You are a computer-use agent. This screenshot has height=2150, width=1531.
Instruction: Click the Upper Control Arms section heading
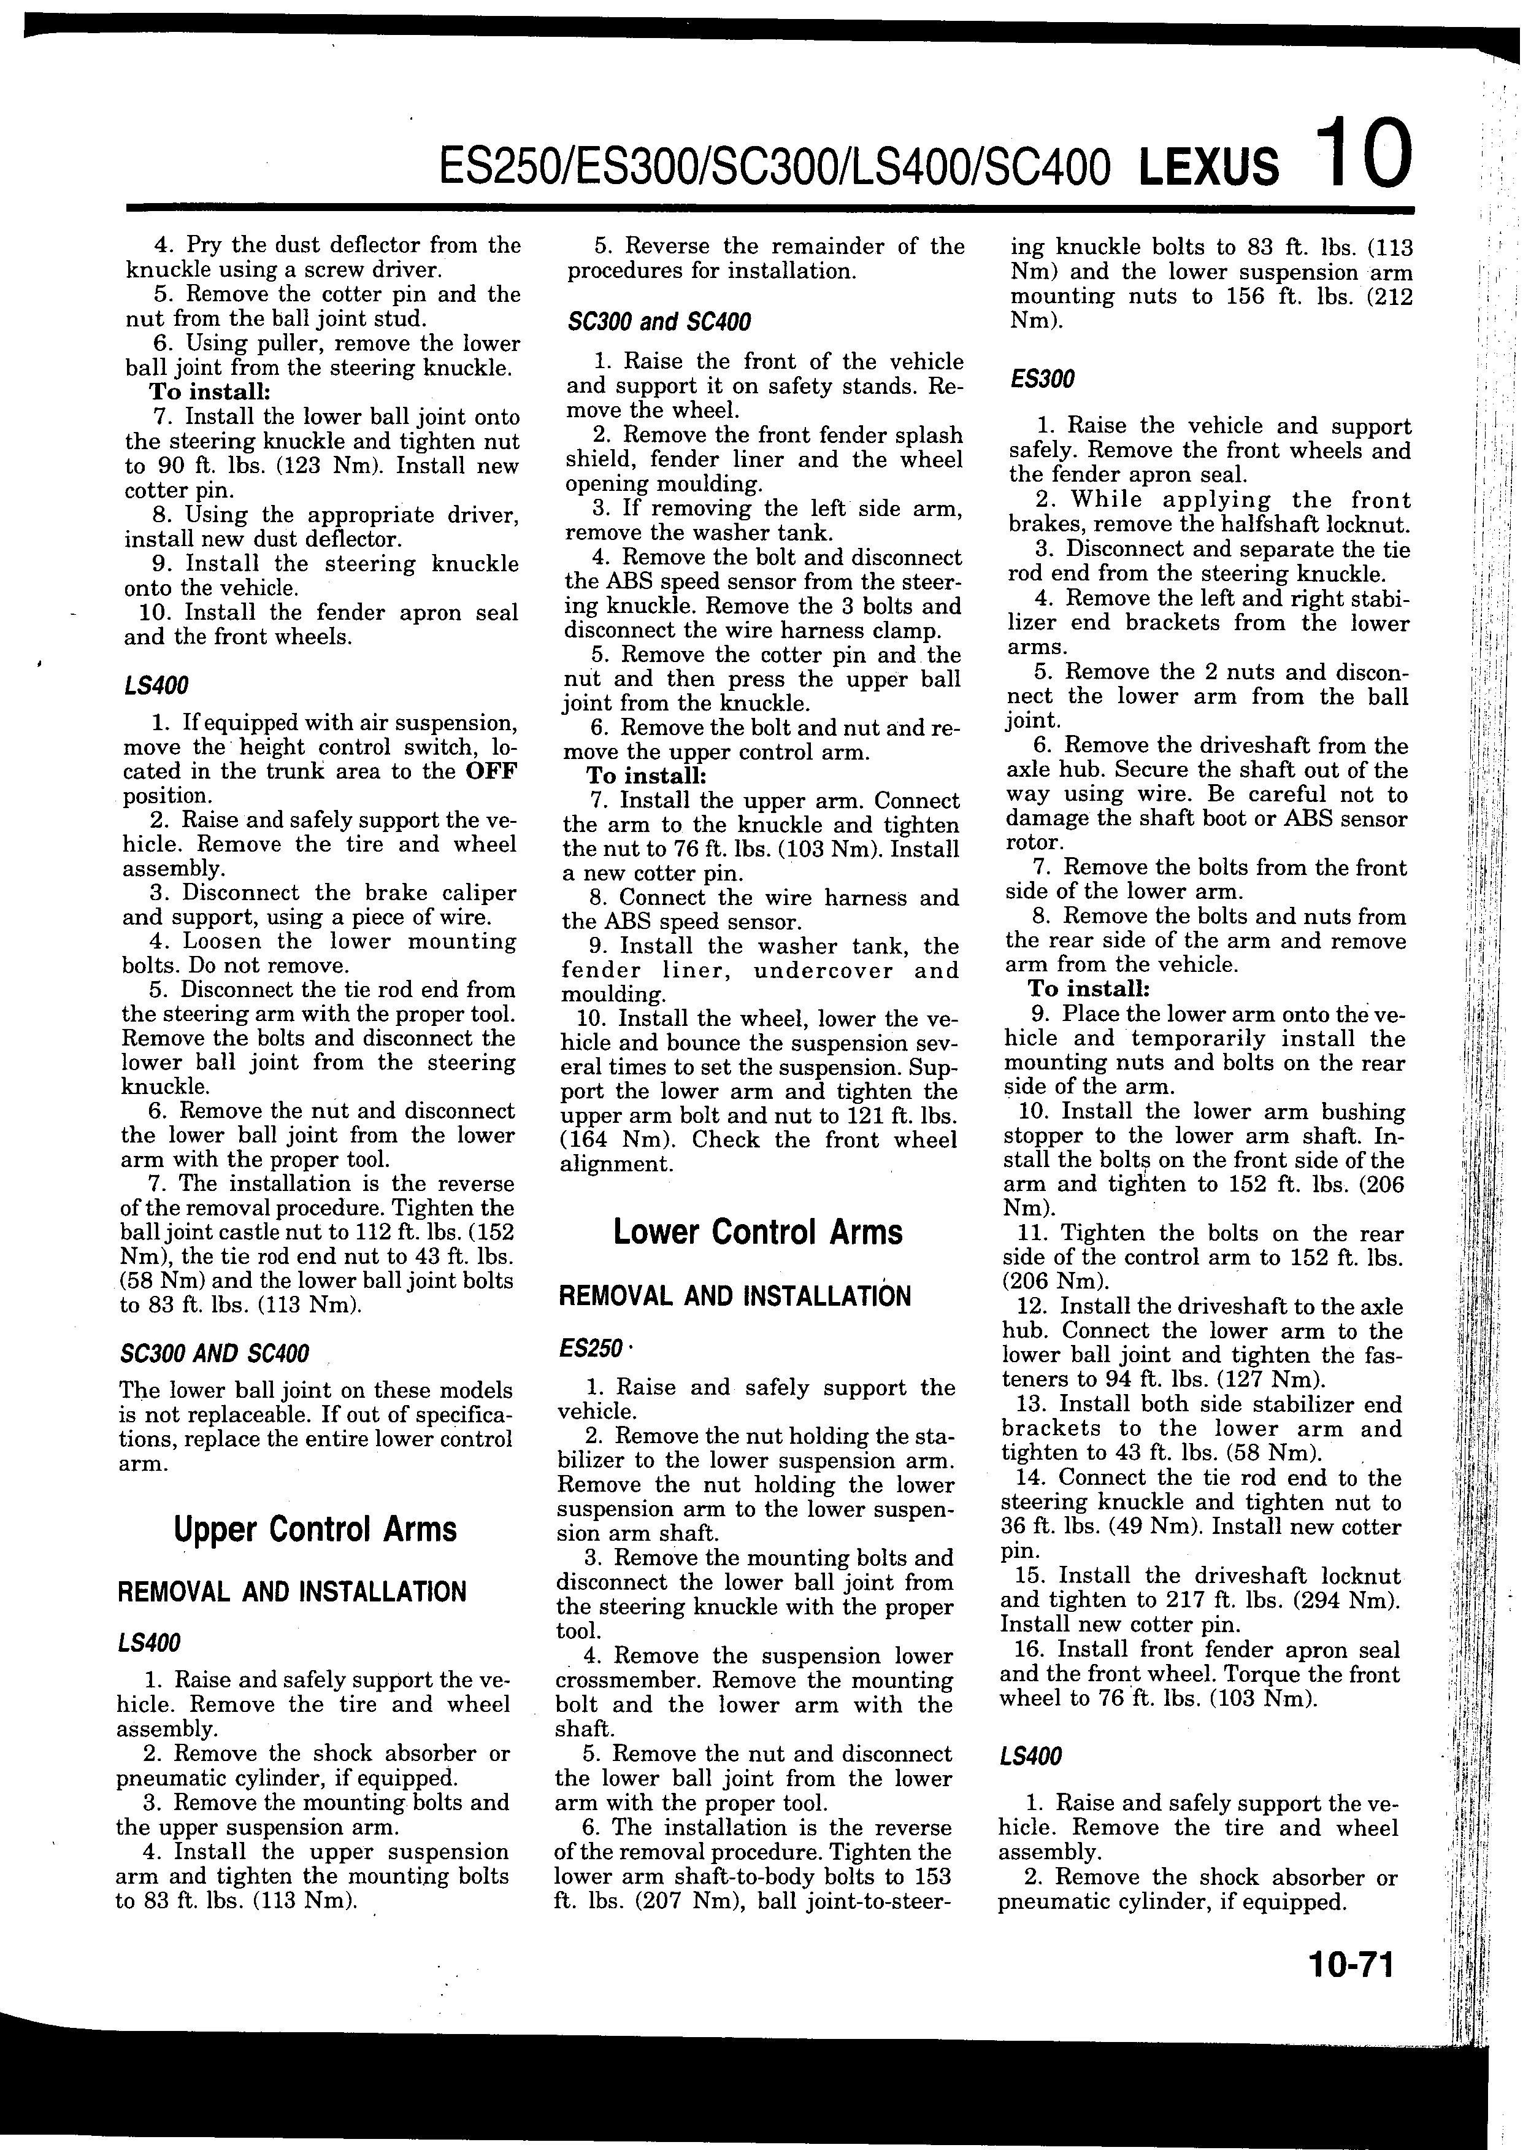[x=315, y=1528]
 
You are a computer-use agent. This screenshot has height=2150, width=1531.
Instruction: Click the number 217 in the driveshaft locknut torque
[x=1229, y=1600]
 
